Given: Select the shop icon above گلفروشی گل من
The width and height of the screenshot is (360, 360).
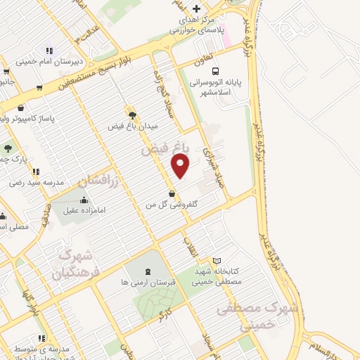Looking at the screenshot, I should [172, 193].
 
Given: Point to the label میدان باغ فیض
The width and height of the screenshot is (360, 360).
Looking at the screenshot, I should [133, 126].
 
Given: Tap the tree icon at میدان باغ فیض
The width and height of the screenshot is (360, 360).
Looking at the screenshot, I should [131, 113].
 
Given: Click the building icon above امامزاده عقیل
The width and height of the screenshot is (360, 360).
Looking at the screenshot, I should [84, 200].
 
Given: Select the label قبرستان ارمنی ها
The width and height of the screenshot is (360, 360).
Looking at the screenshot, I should [147, 283].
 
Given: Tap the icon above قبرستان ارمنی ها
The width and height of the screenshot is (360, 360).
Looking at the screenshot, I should [148, 271].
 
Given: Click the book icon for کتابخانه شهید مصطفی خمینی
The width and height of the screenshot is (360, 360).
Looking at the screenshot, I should [217, 261].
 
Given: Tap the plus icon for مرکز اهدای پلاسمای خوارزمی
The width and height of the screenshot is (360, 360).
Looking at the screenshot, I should [196, 9].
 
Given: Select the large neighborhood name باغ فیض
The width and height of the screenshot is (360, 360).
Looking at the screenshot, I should [163, 150].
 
